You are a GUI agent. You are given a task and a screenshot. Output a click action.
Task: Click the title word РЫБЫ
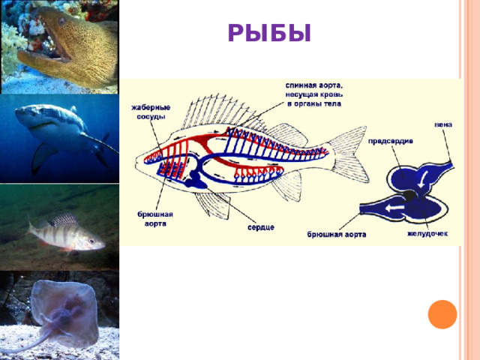(268, 34)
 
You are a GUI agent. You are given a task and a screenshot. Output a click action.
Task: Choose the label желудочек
(427, 233)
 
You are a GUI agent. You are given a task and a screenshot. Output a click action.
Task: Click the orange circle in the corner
(442, 313)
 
